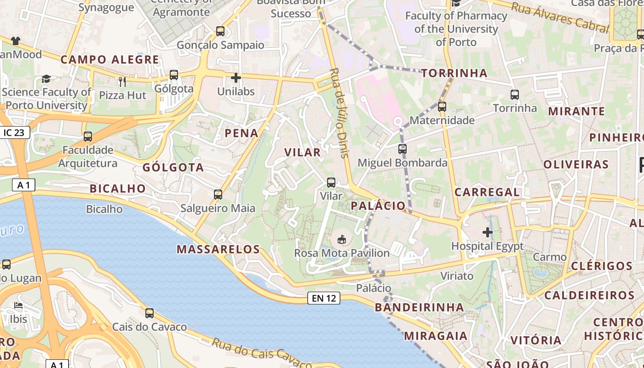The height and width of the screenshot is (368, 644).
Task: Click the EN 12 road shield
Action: click(x=324, y=298)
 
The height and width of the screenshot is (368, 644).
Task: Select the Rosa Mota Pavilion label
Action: click(x=342, y=253)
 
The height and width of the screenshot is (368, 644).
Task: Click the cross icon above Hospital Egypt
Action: click(x=487, y=232)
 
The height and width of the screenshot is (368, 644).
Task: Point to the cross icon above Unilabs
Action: click(x=236, y=78)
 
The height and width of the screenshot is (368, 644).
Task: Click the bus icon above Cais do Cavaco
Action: click(x=149, y=313)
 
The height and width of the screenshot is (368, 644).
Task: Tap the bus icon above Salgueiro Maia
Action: click(x=218, y=195)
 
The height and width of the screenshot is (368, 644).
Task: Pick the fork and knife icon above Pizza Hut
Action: click(x=122, y=82)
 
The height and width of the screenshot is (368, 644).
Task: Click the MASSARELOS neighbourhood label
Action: click(x=218, y=249)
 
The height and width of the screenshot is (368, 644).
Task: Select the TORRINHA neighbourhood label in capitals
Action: click(x=454, y=73)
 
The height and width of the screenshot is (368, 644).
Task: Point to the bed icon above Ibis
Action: click(x=18, y=305)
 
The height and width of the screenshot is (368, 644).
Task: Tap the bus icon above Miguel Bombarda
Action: click(x=402, y=149)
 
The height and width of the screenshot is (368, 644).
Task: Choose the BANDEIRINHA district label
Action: click(x=420, y=307)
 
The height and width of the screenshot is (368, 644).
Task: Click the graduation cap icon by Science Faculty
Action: click(x=46, y=79)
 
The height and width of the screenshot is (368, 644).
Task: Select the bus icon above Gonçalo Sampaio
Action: click(x=220, y=31)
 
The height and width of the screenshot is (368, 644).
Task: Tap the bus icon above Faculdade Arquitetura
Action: click(x=88, y=137)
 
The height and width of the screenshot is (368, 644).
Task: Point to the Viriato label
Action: click(x=457, y=276)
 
